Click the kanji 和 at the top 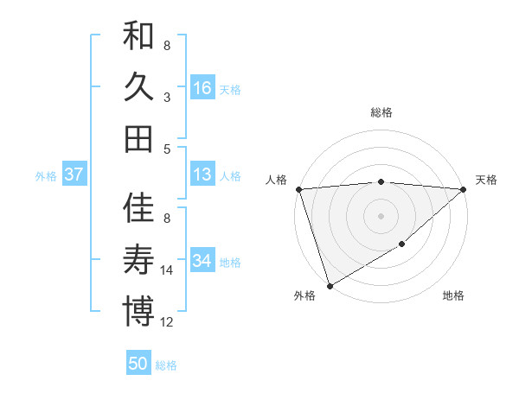138,36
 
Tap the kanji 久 138,87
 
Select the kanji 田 138,138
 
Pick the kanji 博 138,310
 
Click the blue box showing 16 202,87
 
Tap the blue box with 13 202,174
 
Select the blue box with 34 202,260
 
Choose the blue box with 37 74,174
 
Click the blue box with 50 138,364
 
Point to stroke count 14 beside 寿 167,270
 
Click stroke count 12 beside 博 167,322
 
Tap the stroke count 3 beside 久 166,97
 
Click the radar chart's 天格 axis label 486,180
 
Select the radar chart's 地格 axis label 453,296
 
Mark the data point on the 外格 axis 330,285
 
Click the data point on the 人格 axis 298,188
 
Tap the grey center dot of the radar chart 381,215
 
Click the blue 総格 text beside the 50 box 166,365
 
